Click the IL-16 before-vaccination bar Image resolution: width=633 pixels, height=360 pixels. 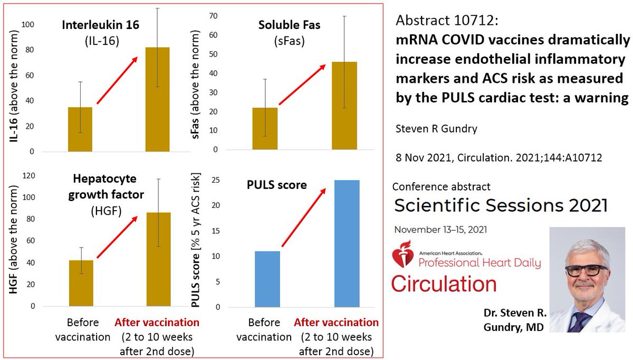click(x=80, y=129)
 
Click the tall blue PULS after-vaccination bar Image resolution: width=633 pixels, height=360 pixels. click(x=347, y=243)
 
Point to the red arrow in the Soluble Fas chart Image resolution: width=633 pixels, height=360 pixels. click(x=300, y=84)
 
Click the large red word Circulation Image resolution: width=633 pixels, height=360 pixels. click(x=444, y=283)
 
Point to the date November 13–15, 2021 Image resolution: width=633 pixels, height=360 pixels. click(x=440, y=230)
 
